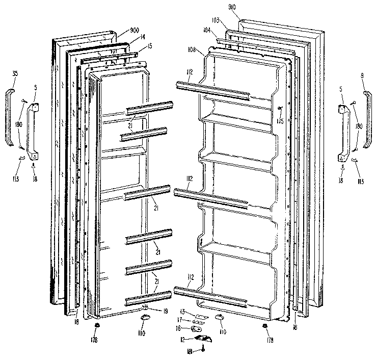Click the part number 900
point(121,30)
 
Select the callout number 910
point(246,8)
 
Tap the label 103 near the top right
point(216,20)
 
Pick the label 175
point(279,121)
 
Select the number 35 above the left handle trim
point(15,75)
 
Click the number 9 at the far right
point(362,75)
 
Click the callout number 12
point(181,340)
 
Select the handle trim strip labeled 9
point(368,120)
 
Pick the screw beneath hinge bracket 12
point(203,349)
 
